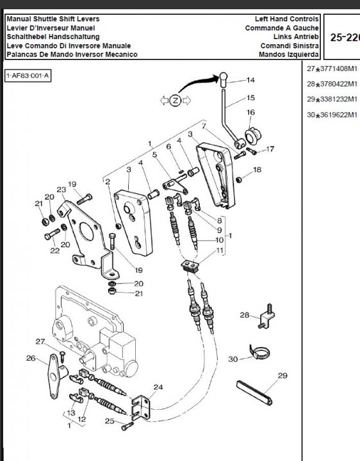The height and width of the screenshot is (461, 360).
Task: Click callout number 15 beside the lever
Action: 250,99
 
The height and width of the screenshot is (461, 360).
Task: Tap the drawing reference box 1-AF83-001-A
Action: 28,76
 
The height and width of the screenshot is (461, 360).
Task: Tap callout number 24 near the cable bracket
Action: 158,387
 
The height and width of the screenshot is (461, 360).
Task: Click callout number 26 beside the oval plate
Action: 30,358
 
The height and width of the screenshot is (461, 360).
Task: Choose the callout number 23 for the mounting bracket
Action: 61,190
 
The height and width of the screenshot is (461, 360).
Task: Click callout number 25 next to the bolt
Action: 110,421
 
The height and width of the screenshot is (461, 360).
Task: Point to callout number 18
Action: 257,170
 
